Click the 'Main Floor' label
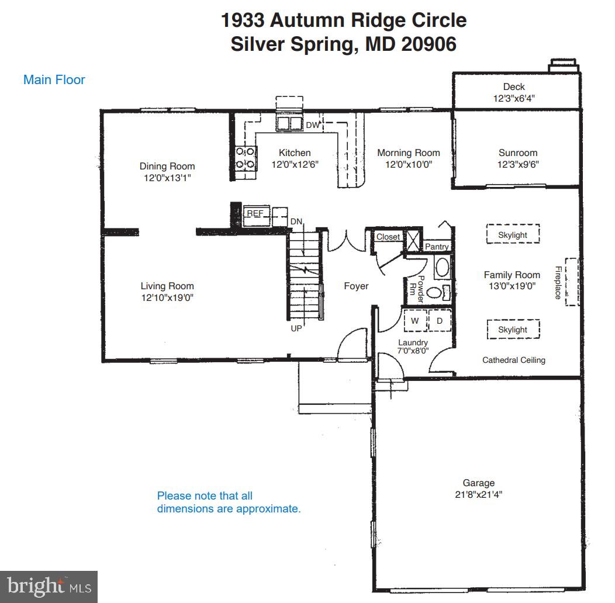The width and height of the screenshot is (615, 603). click(54, 79)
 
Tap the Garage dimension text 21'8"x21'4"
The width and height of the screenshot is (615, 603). click(478, 494)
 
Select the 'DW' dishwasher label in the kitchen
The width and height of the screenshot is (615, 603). click(312, 125)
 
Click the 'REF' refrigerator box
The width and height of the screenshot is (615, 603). click(255, 214)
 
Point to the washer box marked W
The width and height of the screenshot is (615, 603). click(415, 321)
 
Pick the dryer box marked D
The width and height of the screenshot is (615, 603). click(440, 321)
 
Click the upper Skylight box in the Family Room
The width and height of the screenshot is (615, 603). click(513, 235)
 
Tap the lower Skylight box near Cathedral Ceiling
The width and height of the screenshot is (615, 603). click(513, 330)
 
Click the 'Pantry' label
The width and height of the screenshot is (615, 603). click(437, 247)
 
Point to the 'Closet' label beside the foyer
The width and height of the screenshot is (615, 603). click(388, 237)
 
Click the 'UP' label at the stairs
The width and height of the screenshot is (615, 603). click(296, 328)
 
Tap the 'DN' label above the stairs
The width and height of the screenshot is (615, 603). click(296, 221)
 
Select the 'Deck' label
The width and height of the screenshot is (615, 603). click(514, 87)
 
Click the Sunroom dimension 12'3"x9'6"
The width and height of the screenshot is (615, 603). click(517, 164)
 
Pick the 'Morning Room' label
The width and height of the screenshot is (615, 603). click(408, 153)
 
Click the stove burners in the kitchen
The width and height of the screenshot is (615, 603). click(246, 158)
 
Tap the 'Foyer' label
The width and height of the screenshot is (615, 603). click(356, 286)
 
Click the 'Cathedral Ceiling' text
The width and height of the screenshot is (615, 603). click(513, 360)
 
